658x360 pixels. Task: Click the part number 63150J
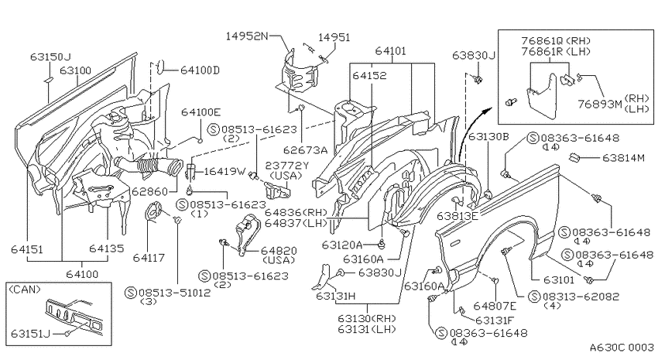point(50,57)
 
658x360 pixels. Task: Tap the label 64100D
point(200,70)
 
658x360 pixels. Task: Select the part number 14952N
point(247,36)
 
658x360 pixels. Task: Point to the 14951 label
point(334,37)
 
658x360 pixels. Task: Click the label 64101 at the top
point(391,51)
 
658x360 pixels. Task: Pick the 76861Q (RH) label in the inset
point(556,41)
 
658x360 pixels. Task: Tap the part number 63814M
point(623,158)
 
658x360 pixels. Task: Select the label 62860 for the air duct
point(149,192)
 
